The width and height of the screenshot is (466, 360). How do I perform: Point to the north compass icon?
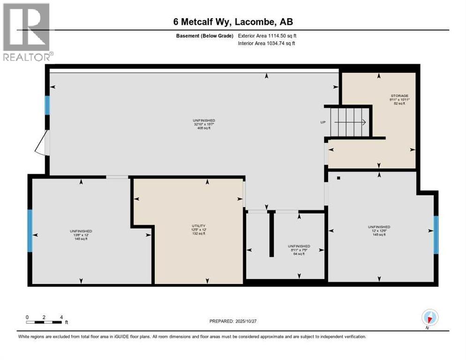pyautogui.click(x=429, y=317)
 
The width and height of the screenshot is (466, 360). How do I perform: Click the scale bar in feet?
pyautogui.click(x=45, y=322)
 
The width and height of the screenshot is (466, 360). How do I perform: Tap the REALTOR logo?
pyautogui.click(x=26, y=32)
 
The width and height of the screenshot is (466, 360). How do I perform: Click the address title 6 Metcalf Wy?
pyautogui.click(x=233, y=22)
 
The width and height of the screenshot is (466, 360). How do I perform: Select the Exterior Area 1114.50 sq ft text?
pyautogui.click(x=267, y=36)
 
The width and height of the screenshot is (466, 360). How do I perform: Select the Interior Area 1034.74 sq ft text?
pyautogui.click(x=266, y=43)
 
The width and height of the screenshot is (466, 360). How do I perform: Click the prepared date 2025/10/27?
pyautogui.click(x=243, y=321)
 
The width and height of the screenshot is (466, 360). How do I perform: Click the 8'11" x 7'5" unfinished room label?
pyautogui.click(x=299, y=250)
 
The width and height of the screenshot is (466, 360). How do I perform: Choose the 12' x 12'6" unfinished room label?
pyautogui.click(x=379, y=231)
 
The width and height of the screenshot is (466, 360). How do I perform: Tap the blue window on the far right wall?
pyautogui.click(x=436, y=235)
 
